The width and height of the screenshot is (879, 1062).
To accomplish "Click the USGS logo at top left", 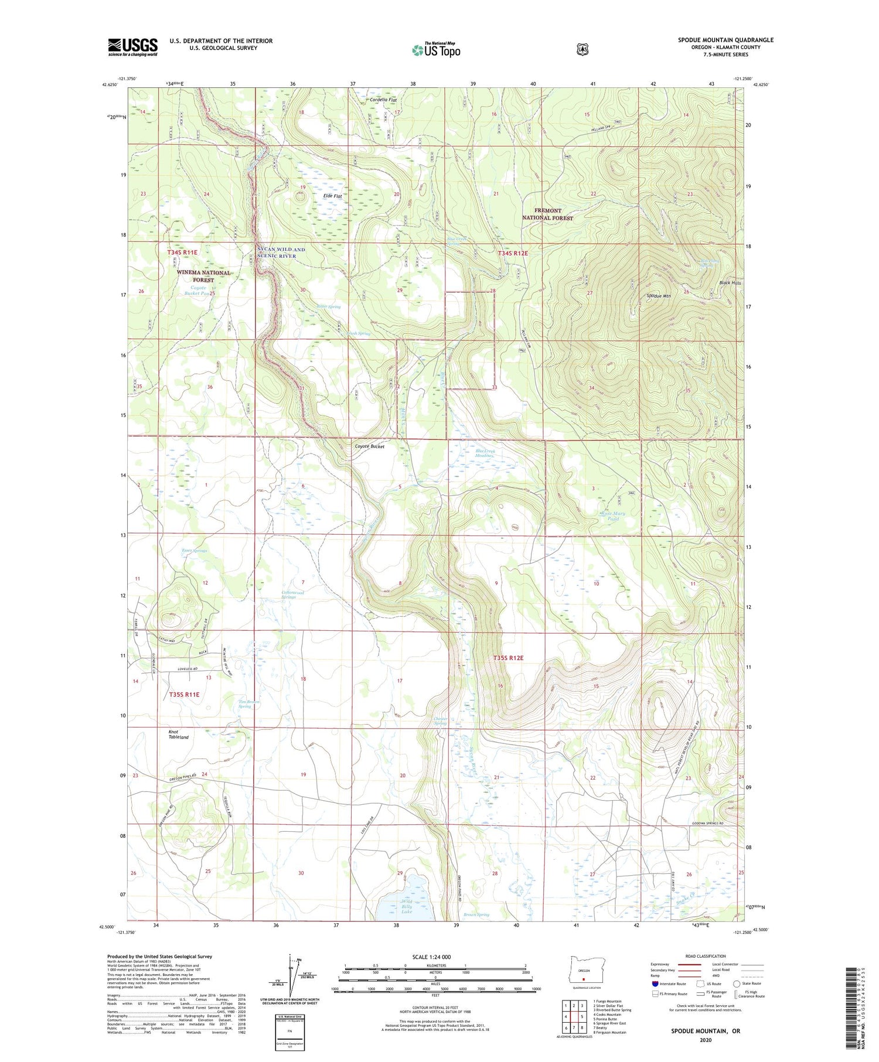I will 132,47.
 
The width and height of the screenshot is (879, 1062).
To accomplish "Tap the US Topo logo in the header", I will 436,50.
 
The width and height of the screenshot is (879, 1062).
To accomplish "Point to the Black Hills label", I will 730,283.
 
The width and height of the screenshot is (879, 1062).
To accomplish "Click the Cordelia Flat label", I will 383,100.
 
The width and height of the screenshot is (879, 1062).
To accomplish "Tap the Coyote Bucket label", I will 370,446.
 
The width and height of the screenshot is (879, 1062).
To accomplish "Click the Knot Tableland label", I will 179,735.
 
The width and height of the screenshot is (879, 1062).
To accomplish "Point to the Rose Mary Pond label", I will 613,516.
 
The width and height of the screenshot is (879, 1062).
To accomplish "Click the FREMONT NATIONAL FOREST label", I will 547,214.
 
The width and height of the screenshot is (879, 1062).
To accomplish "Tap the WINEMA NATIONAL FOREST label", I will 203,276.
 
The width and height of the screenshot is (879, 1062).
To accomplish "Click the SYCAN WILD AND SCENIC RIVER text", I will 281,253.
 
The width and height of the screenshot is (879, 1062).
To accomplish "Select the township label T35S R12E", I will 508,658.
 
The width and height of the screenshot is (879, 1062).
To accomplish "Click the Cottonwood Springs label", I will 293,595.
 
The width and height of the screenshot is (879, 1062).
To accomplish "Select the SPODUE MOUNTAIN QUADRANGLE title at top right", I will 725,40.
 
